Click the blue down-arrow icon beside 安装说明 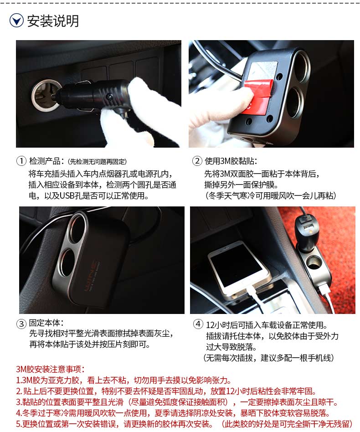click(16, 21)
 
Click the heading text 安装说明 click(53, 21)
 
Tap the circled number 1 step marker click(21, 161)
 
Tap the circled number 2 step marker click(197, 161)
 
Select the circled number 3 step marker click(21, 324)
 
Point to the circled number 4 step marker click(198, 324)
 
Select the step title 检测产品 click(45, 161)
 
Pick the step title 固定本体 click(45, 323)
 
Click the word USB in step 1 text click(68, 195)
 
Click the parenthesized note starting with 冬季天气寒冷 click(271, 195)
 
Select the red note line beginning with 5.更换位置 click(184, 424)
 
